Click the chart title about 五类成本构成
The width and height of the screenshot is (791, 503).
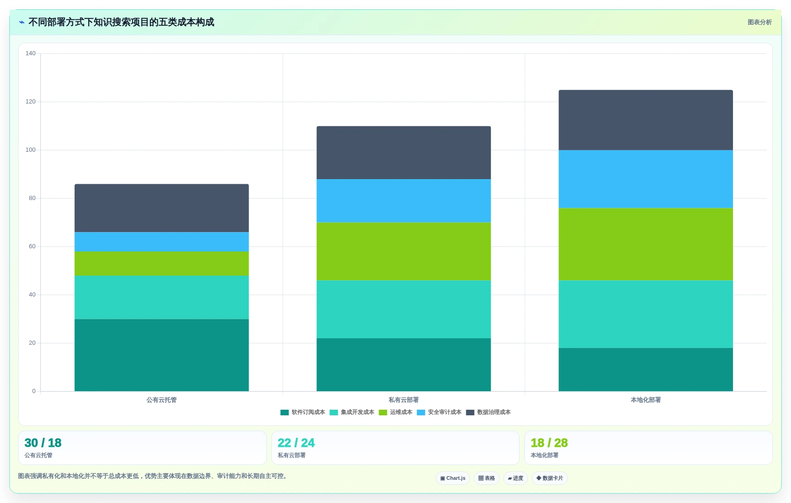[x=121, y=22]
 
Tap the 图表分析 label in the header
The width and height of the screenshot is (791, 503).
[x=759, y=22]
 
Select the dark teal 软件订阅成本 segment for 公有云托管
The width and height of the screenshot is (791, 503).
[x=161, y=355]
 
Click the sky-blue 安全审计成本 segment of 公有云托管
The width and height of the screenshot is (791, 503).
[x=161, y=242]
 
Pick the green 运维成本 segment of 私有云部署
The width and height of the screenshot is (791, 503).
[x=404, y=251]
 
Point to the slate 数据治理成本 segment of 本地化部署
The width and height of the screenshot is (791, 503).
[x=645, y=120]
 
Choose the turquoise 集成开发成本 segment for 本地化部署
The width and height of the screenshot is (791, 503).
[x=645, y=314]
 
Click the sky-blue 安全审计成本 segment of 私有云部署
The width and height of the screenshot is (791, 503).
[x=404, y=200]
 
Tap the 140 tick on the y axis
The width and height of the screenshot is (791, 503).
[x=30, y=53]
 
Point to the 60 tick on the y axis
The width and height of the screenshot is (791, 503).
[x=32, y=246]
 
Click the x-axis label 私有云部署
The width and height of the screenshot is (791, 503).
[x=404, y=400]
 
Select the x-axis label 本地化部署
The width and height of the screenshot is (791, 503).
[x=645, y=400]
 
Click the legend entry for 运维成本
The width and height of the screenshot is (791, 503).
[x=395, y=412]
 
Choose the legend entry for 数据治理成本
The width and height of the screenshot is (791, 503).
[x=489, y=412]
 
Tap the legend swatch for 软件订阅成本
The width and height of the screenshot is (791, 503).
[x=284, y=412]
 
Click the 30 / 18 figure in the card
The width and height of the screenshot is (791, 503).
[x=43, y=443]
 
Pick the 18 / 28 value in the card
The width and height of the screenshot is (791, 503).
[x=549, y=443]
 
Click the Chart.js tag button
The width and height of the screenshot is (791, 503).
[x=453, y=478]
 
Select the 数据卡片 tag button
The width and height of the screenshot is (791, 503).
[x=549, y=478]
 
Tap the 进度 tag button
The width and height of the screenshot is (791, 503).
[x=515, y=478]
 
